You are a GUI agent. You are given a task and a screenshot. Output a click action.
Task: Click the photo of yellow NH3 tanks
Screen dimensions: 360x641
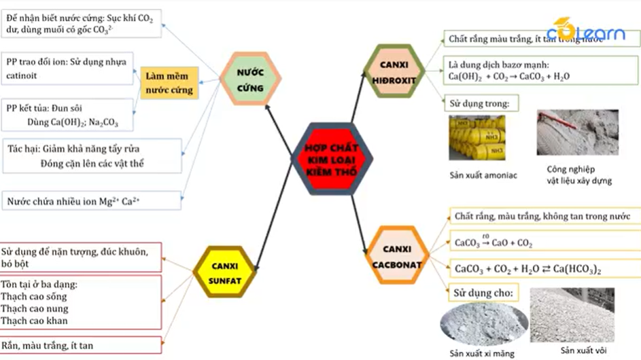[477, 137]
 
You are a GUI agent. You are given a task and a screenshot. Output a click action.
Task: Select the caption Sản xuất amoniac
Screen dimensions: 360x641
[483, 175]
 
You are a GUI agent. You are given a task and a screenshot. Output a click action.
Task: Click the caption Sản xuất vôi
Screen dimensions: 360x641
[584, 350]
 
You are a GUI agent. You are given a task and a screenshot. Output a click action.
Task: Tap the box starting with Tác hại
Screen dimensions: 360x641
[91, 156]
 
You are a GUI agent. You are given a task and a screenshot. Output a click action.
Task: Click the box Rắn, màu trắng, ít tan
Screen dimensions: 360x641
[81, 345]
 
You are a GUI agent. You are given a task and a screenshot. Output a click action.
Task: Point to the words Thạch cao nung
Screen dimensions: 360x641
[34, 308]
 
